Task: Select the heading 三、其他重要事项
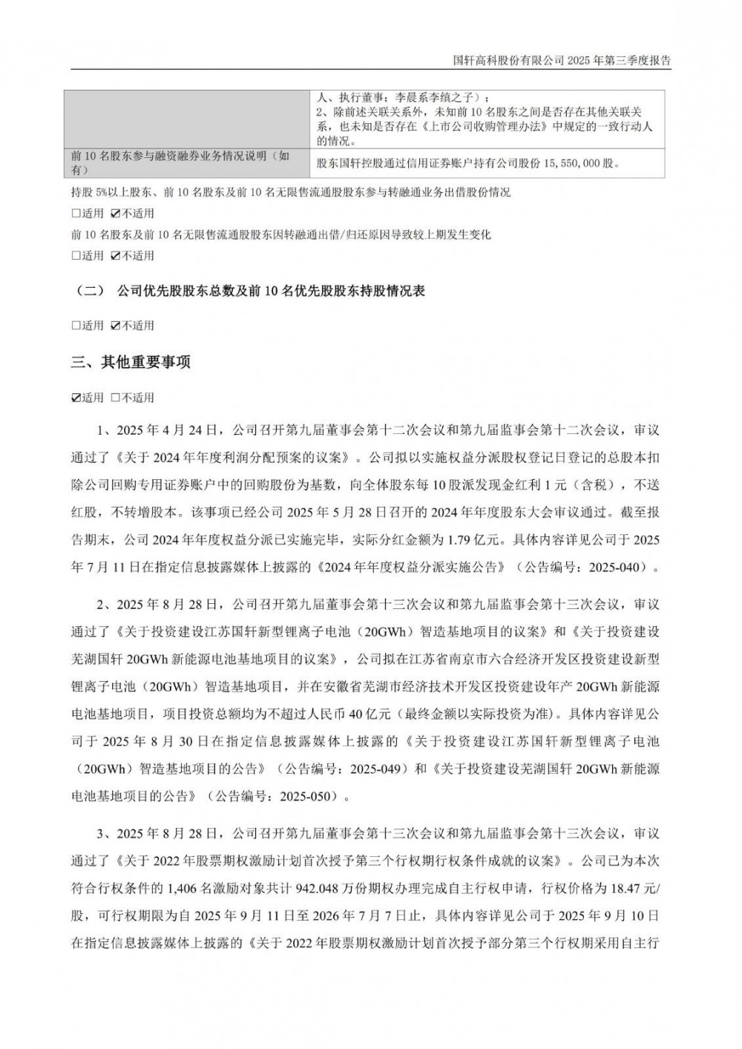(x=131, y=363)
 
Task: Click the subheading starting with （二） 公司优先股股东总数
(x=248, y=292)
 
